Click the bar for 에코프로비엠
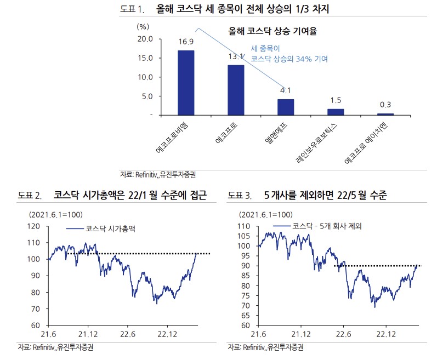click(x=186, y=82)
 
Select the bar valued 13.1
click(x=236, y=90)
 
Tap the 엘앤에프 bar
click(x=286, y=107)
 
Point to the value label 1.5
click(x=336, y=100)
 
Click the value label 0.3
click(x=385, y=105)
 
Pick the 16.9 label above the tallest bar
click(x=186, y=42)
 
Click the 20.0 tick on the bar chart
click(x=145, y=39)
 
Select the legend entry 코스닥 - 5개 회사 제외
click(x=327, y=225)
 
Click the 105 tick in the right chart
click(x=244, y=236)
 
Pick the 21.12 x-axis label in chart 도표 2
click(x=88, y=334)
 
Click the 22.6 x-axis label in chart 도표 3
click(x=343, y=334)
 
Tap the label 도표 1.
click(x=134, y=9)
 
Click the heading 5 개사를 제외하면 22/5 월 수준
click(x=325, y=195)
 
